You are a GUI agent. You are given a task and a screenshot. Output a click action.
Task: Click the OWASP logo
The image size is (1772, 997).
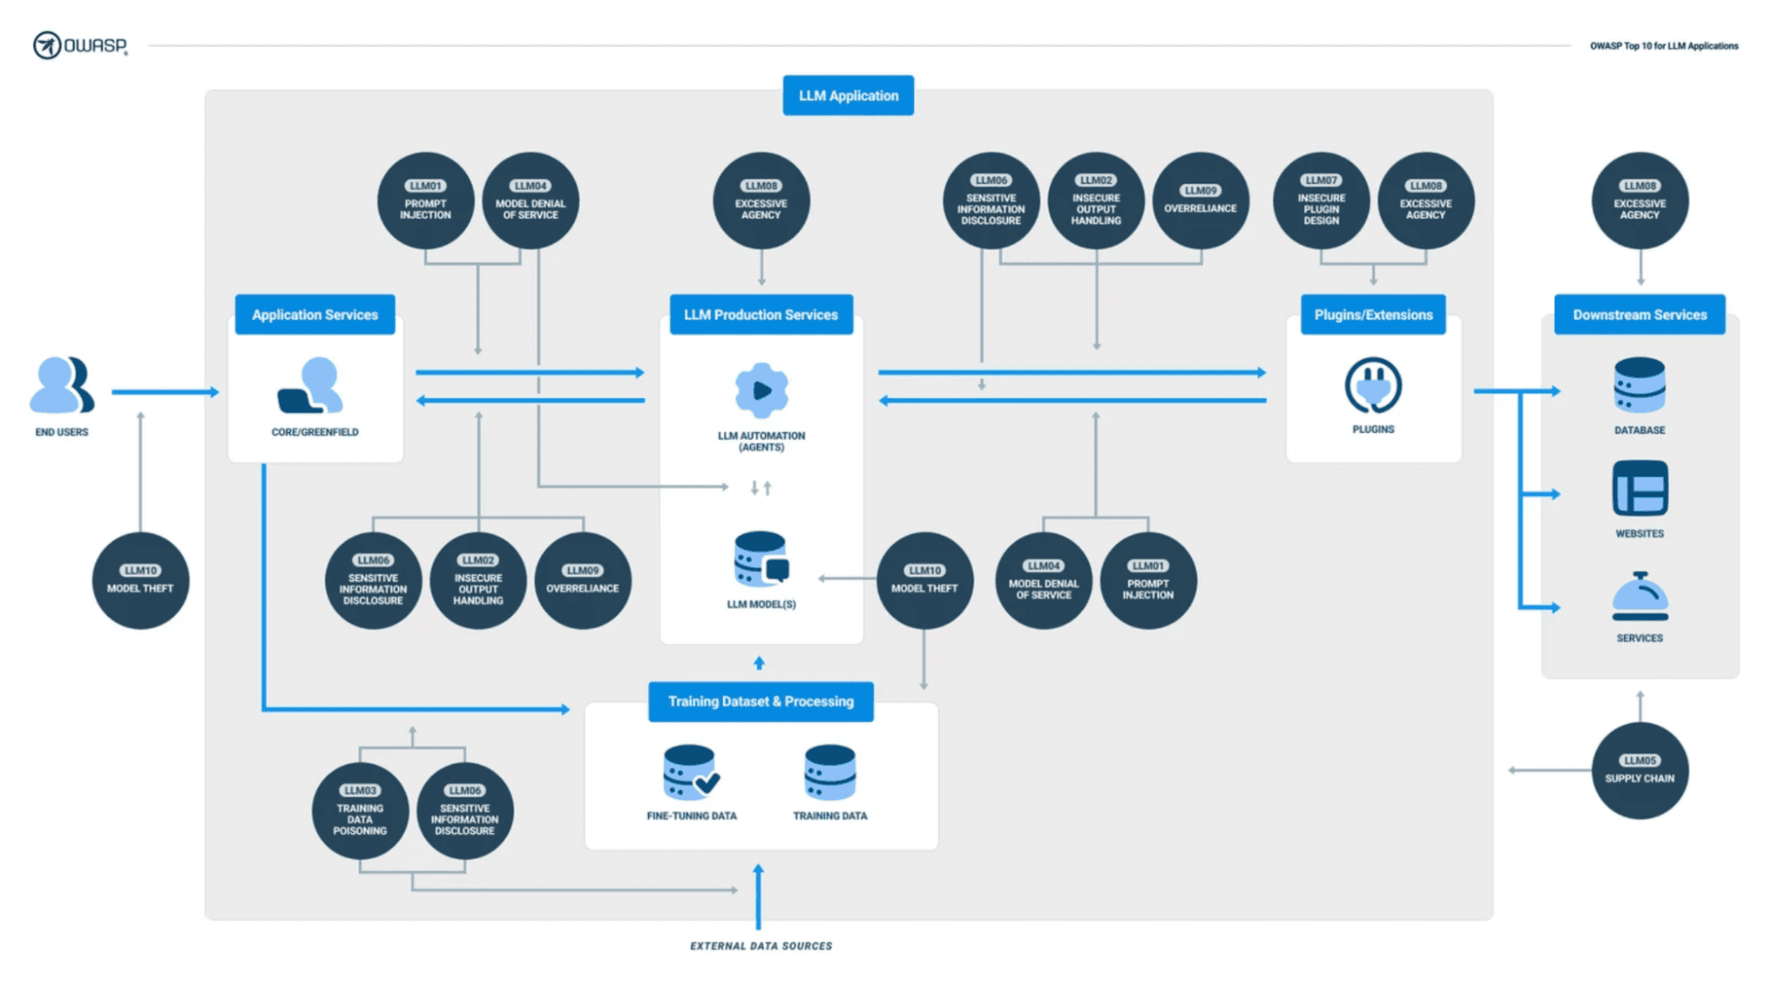coord(81,44)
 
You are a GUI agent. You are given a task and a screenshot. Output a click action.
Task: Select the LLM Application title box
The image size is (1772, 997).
coord(848,96)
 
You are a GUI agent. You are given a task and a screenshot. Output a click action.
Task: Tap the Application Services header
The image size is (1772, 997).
coord(315,315)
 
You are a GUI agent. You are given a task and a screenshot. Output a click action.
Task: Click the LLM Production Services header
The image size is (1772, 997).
coord(761,315)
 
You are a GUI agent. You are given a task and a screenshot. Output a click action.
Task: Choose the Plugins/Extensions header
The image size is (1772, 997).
coord(1373,315)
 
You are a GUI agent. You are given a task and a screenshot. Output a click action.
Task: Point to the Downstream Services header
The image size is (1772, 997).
coord(1640,315)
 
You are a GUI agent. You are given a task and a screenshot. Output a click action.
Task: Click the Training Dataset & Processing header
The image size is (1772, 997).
coord(761,702)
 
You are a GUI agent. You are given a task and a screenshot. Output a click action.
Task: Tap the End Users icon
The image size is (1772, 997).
coord(62,385)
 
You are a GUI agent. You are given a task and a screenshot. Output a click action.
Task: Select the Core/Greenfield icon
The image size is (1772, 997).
coord(310,385)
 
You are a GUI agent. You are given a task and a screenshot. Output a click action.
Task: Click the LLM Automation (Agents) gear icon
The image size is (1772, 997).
coord(761,390)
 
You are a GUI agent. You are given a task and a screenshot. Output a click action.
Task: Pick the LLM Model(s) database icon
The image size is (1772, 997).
coord(761,559)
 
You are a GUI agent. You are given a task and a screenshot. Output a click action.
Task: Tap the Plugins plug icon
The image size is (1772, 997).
coord(1373,386)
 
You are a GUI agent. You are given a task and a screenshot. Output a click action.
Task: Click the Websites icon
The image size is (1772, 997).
coord(1640,488)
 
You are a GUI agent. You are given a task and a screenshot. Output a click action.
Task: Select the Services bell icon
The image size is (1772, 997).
coord(1640,596)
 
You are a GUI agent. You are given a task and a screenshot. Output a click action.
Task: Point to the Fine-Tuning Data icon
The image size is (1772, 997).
coord(691,773)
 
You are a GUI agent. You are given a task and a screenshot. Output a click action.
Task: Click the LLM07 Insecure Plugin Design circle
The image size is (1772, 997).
coord(1321,200)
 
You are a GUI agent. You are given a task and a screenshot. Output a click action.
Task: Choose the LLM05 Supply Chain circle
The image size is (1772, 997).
coord(1640,770)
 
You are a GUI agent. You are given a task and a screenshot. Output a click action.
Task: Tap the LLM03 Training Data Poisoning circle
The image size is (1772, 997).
coord(360,811)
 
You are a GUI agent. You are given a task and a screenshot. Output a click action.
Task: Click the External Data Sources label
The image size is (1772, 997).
coord(761,946)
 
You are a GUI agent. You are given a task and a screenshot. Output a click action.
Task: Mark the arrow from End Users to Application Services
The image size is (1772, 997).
coord(166,391)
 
